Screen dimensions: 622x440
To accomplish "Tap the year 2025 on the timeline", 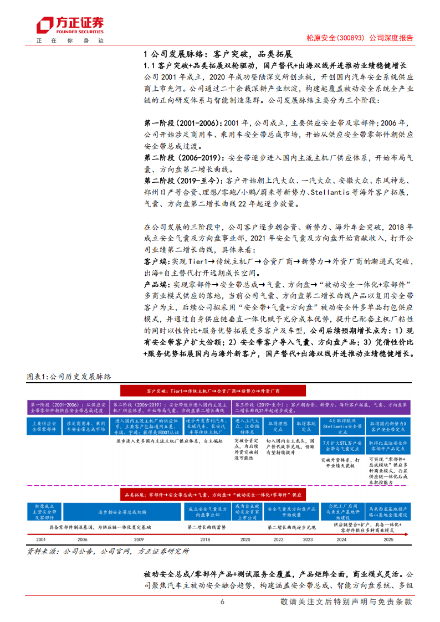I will (x=388, y=539).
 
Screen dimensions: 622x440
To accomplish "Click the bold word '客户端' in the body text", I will (x=155, y=261).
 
